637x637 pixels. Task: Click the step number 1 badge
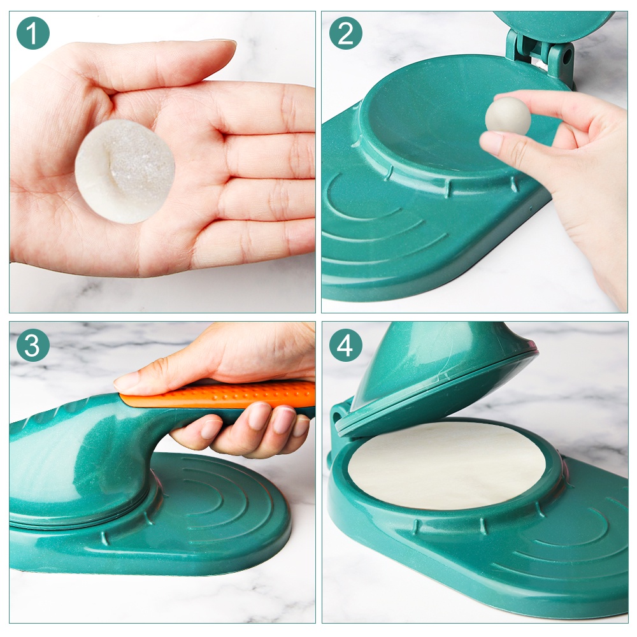point(33,33)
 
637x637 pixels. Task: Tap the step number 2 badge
point(346,33)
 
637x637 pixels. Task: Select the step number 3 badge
point(33,345)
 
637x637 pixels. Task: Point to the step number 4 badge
point(346,345)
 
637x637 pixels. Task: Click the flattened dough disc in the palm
point(125,171)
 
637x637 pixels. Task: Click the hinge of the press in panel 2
point(540,55)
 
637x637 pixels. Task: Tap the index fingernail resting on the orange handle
point(124,382)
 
